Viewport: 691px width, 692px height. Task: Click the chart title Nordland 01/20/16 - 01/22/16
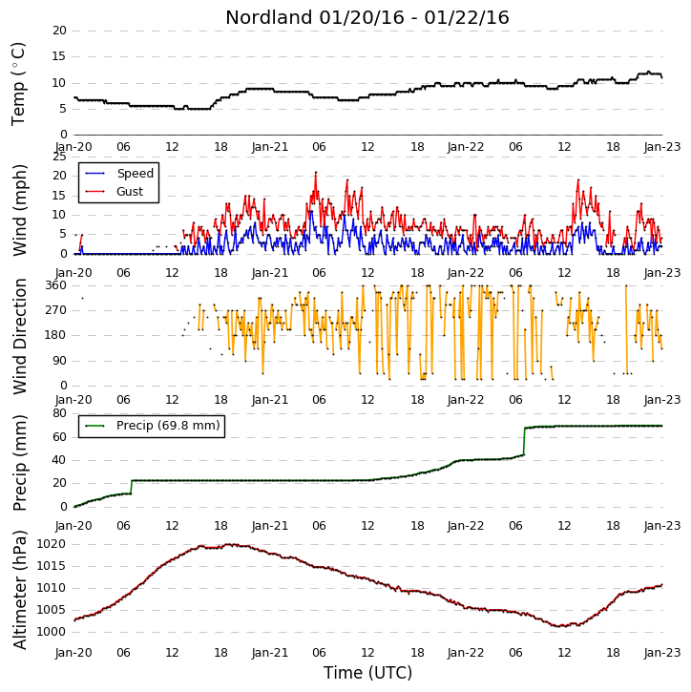(x=367, y=17)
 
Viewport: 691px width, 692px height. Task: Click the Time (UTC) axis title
(x=367, y=673)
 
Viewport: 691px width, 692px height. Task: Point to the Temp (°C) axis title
(x=18, y=84)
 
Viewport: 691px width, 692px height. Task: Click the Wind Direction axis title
(x=20, y=336)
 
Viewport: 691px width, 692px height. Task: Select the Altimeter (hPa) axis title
(x=20, y=590)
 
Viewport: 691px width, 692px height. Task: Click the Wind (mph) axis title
(x=20, y=210)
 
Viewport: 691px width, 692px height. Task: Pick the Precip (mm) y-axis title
(x=20, y=463)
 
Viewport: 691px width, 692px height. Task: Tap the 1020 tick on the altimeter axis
(x=51, y=544)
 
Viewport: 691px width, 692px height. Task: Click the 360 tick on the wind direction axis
(x=56, y=285)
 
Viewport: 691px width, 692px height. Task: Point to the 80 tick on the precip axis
(x=59, y=413)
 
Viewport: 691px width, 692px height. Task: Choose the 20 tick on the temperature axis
(x=59, y=31)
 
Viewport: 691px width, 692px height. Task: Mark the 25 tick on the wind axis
(x=59, y=157)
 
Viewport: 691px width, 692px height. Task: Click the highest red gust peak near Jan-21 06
(x=316, y=172)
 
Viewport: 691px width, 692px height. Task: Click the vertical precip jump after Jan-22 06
(x=524, y=441)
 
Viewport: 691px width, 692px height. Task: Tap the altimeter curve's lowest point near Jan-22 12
(x=559, y=626)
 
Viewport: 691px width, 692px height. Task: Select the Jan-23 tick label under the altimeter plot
(x=661, y=652)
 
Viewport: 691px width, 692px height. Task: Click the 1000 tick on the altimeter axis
(x=51, y=632)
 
